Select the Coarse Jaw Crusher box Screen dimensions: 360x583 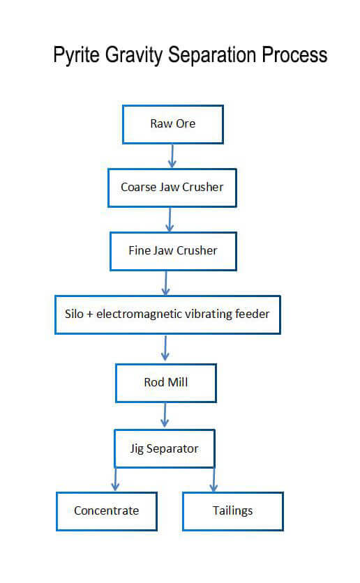tap(172, 188)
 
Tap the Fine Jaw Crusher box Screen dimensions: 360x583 tap(173, 251)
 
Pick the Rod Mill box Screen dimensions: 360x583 tap(166, 383)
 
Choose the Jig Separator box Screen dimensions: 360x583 tap(165, 448)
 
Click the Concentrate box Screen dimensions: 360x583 tap(107, 511)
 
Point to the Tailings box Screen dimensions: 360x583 tap(233, 511)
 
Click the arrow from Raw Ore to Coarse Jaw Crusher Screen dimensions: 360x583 tap(172, 156)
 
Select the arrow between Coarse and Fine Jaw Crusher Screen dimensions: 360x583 tap(170, 220)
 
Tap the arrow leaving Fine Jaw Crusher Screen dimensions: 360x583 tap(166, 283)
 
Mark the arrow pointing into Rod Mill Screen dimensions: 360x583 tap(165, 349)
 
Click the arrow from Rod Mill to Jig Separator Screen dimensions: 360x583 tap(165, 415)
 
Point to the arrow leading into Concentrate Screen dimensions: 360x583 tap(115, 479)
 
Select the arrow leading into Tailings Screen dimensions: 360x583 tap(213, 480)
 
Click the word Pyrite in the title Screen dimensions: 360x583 tap(77, 55)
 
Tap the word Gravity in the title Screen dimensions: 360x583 tap(134, 55)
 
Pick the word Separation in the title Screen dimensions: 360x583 tap(212, 54)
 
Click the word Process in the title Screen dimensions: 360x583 tap(294, 54)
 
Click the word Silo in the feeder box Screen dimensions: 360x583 tap(74, 314)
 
